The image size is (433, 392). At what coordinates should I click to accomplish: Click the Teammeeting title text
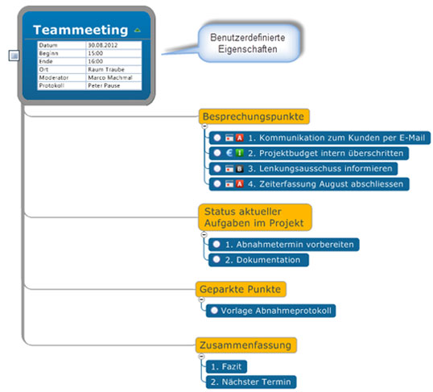(x=80, y=30)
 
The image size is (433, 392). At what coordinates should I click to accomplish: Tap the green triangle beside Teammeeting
(x=138, y=30)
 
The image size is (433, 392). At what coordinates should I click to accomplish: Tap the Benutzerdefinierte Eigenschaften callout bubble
(x=248, y=43)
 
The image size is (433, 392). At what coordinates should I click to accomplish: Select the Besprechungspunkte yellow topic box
(x=254, y=116)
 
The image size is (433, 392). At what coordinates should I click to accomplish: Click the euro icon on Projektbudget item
(x=229, y=153)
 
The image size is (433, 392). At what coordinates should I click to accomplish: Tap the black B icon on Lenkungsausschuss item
(x=239, y=168)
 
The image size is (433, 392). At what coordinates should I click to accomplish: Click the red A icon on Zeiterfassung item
(x=239, y=184)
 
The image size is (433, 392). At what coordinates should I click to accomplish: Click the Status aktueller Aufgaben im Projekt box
(x=255, y=217)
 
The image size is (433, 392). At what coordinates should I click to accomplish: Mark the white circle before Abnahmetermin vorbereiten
(x=216, y=244)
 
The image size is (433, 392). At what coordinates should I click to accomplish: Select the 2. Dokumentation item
(x=258, y=260)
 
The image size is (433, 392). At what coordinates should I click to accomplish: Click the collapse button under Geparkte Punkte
(x=201, y=299)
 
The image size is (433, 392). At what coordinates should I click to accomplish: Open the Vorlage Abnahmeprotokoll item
(x=270, y=311)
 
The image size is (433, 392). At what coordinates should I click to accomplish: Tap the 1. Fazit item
(x=226, y=366)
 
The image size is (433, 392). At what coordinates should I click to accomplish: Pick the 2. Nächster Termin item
(x=251, y=382)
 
